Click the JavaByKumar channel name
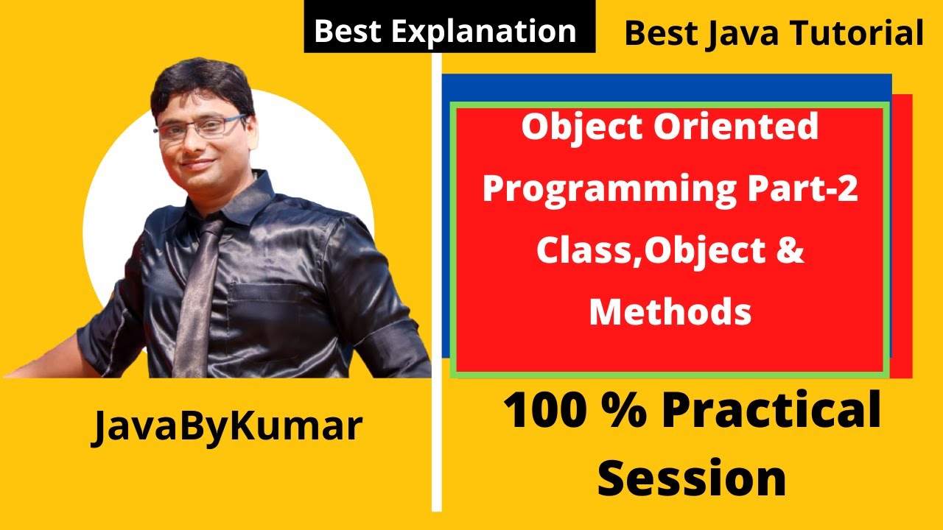click(x=227, y=427)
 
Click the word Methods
click(x=670, y=312)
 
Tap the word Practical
click(x=771, y=413)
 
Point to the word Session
click(x=691, y=478)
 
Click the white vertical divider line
click(x=436, y=294)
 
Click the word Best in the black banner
click(x=345, y=32)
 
